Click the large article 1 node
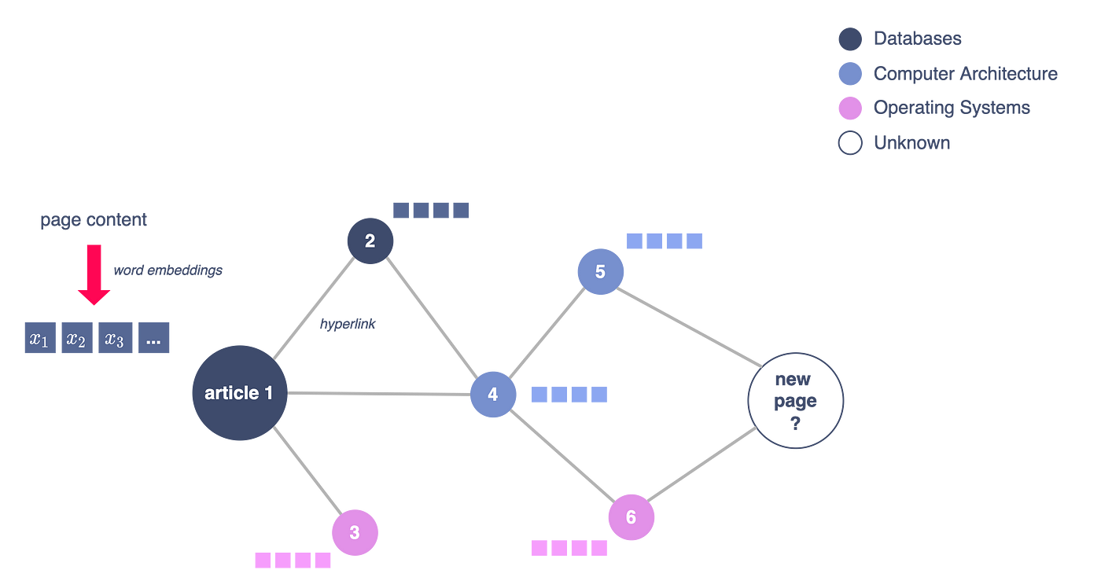point(239,392)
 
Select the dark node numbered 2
point(370,241)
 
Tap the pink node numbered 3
point(355,532)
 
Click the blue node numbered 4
point(493,394)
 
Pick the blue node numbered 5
point(600,272)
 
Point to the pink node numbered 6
point(631,517)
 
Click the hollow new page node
point(795,400)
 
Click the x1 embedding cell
point(40,339)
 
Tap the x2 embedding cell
point(77,339)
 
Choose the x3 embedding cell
point(115,339)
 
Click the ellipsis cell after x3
point(153,339)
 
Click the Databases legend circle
point(849,39)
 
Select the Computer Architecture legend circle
point(849,74)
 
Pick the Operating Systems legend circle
point(849,108)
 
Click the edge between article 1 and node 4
point(377,393)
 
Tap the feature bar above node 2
point(431,210)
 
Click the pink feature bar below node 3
point(293,560)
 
